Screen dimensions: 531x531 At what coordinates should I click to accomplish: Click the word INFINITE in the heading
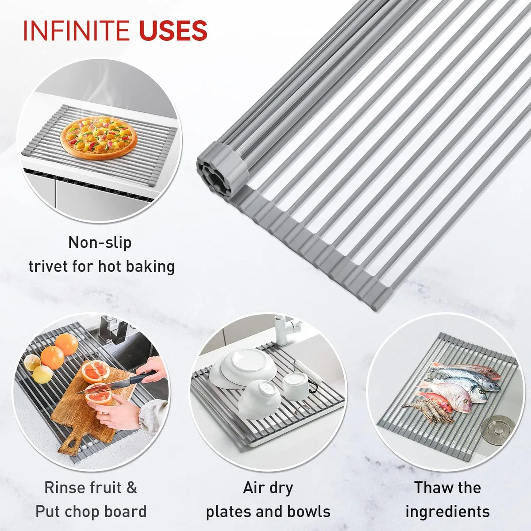pyautogui.click(x=76, y=31)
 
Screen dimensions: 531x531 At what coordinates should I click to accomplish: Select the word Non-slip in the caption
pyautogui.click(x=100, y=243)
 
